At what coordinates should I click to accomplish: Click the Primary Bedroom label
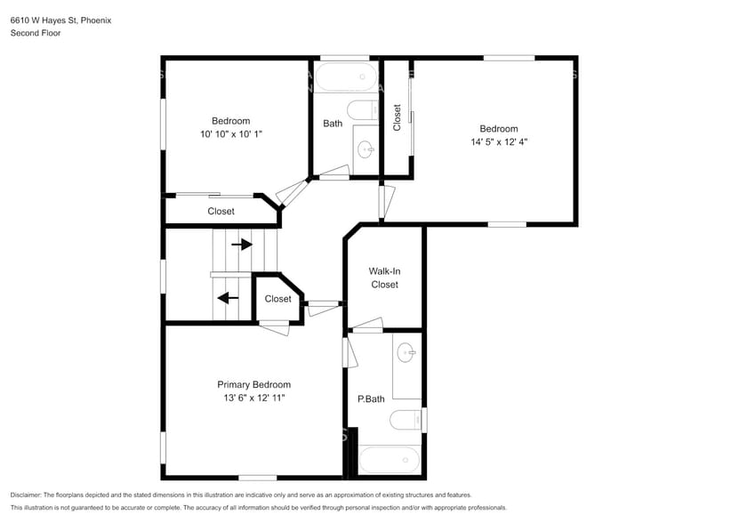(253, 385)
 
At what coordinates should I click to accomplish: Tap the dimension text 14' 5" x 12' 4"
(499, 141)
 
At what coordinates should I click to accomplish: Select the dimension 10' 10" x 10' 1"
(231, 134)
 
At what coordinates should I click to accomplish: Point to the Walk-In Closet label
(384, 278)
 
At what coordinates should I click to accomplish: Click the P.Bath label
(371, 399)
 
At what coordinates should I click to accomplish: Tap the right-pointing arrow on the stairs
(242, 245)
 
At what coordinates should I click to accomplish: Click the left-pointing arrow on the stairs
(228, 298)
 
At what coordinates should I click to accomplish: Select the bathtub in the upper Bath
(346, 76)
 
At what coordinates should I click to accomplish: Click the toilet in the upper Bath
(363, 111)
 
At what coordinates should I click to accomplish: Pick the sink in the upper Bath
(365, 150)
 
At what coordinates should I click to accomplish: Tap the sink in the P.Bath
(406, 352)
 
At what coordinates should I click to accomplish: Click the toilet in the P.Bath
(406, 420)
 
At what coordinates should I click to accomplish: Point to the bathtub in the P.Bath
(390, 460)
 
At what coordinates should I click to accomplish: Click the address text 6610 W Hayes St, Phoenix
(60, 20)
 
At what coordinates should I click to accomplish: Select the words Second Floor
(36, 33)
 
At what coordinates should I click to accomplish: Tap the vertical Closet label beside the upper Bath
(397, 117)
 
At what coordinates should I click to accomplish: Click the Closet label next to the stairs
(278, 299)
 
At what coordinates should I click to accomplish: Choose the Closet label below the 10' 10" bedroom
(221, 212)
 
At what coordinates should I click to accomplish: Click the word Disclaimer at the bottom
(26, 495)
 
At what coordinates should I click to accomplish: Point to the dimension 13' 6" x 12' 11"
(254, 398)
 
